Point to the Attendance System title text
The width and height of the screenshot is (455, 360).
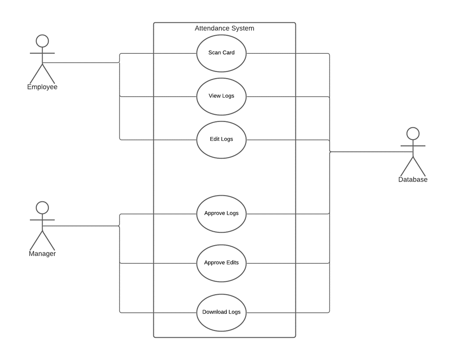pos(224,28)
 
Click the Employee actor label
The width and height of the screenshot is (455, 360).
pos(42,87)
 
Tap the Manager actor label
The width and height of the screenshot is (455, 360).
pos(42,254)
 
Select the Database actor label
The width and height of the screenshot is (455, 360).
pos(413,179)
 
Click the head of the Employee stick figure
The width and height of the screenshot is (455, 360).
pos(42,41)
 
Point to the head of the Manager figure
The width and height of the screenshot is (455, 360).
pos(42,207)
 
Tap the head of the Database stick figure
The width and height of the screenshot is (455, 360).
pos(413,133)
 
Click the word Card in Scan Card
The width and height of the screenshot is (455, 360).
pos(228,52)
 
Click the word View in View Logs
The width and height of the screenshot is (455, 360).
pos(214,96)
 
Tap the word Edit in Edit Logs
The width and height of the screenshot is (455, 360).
pos(215,139)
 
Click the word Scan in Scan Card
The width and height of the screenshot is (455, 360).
pos(214,52)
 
